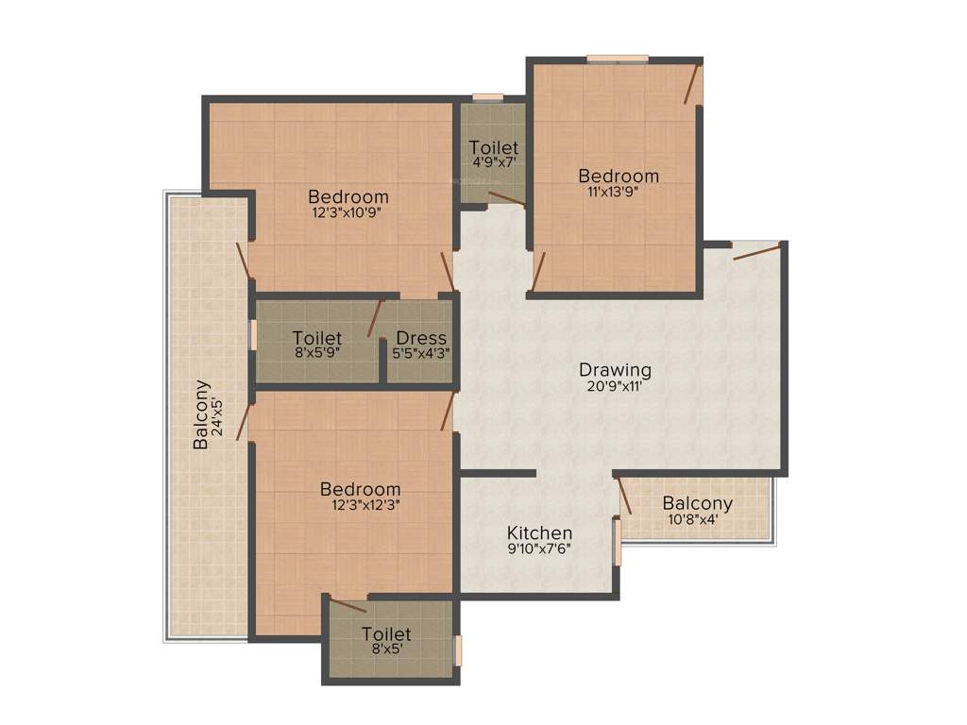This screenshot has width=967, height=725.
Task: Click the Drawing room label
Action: point(615,369)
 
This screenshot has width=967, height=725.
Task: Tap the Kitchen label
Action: point(539,532)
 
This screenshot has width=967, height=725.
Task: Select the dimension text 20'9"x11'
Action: point(615,385)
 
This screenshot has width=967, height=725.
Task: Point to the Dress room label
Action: point(421,338)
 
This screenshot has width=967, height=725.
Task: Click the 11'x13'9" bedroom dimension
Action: point(619,192)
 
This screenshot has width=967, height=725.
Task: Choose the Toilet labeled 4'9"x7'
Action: point(494,148)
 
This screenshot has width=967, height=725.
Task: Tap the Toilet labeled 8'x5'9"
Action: point(316,338)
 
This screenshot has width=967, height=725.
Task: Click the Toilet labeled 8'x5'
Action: point(386,634)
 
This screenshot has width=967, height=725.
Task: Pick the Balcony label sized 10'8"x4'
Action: point(697,503)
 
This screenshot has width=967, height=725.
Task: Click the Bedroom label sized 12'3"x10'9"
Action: point(348,196)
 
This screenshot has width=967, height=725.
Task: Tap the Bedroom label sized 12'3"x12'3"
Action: point(360,489)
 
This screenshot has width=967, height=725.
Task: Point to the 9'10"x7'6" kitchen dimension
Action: point(539,548)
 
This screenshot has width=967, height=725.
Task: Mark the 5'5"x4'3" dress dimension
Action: point(421,353)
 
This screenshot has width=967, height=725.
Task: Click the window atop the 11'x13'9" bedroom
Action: point(618,59)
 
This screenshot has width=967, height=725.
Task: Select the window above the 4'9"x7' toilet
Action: point(487,96)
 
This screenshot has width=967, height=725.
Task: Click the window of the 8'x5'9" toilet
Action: point(252,335)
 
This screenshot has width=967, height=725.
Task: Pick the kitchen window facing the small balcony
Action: point(617,541)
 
